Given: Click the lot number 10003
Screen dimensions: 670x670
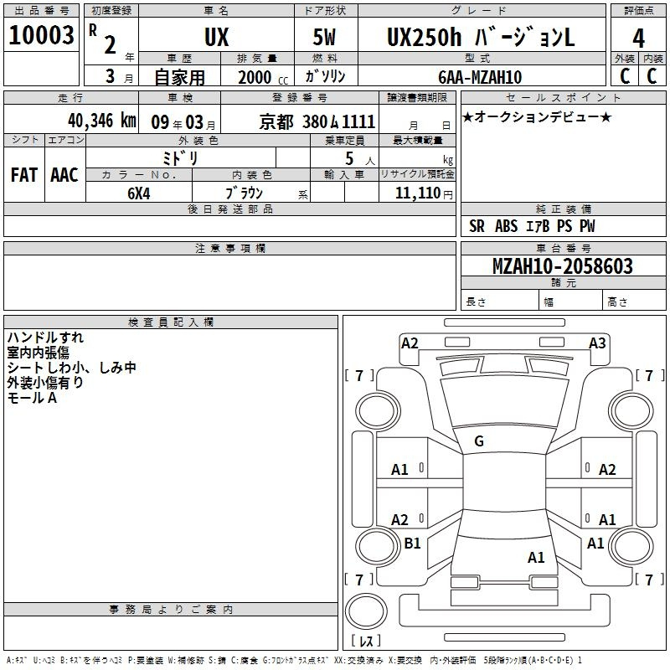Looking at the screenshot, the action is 41,35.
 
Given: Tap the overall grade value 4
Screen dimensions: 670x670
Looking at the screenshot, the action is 638,39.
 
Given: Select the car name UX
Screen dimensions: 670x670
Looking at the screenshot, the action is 217,37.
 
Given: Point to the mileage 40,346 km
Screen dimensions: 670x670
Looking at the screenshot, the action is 102,121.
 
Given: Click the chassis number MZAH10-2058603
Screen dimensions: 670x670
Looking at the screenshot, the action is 563,266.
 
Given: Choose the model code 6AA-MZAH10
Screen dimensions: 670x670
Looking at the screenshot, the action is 480,77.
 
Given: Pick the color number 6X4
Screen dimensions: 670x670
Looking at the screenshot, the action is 139,193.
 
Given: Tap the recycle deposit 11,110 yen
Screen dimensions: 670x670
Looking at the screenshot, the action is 424,193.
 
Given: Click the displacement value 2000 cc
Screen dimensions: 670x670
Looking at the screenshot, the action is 263,77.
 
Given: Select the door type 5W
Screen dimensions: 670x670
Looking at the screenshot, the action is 324,37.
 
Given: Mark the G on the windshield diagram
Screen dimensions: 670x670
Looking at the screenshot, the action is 479,441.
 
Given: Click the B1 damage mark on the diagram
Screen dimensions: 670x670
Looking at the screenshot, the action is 412,543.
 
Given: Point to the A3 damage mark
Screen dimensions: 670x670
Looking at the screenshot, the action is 597,343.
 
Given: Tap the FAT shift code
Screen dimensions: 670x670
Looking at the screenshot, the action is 24,175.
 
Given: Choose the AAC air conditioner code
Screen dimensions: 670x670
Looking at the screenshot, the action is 64,175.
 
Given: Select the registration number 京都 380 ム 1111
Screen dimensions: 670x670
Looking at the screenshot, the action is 317,122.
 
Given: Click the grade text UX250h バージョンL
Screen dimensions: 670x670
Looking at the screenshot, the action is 481,37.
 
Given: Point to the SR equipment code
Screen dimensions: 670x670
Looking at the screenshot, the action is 477,226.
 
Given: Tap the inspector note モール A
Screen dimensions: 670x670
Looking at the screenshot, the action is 32,399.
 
